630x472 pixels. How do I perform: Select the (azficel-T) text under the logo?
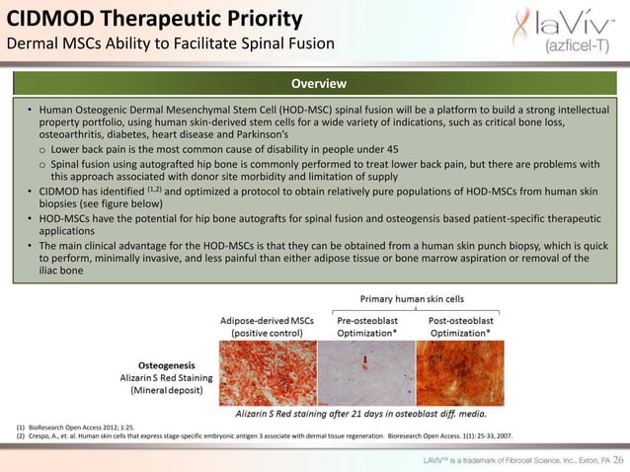(x=578, y=47)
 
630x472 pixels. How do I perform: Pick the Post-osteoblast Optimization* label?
(x=465, y=327)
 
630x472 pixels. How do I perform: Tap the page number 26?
(x=617, y=460)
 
